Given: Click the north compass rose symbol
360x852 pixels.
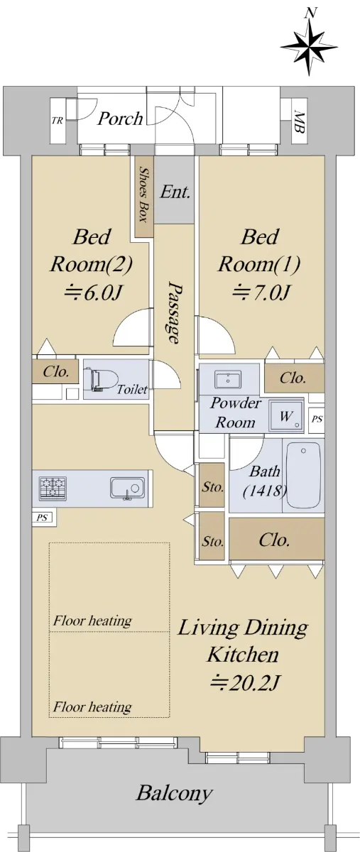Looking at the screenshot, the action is click(309, 46).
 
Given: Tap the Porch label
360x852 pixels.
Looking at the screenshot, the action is click(120, 119).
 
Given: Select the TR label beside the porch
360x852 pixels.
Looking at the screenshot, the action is click(58, 121).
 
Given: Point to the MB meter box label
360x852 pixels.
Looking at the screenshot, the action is click(300, 121).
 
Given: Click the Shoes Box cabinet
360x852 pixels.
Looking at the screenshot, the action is click(143, 194).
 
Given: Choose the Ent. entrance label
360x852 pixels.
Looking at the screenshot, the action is click(175, 192).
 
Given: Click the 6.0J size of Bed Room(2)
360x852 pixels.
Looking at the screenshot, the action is click(94, 293).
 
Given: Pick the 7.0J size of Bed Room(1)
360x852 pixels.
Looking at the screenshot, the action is click(262, 293).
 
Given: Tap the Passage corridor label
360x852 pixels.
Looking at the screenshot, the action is click(173, 312).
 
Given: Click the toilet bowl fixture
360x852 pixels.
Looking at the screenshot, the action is click(100, 380).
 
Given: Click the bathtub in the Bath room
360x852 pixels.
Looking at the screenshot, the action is click(303, 475).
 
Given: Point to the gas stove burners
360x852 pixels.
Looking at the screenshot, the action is click(53, 488).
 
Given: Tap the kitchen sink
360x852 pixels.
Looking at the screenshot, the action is click(128, 488).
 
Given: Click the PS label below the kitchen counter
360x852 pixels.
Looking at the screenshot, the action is click(42, 518).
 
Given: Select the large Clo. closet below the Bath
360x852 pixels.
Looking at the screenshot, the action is click(277, 540).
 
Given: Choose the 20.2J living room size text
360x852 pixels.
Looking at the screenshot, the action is click(246, 682).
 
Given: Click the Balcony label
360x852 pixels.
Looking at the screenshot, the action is click(174, 792).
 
